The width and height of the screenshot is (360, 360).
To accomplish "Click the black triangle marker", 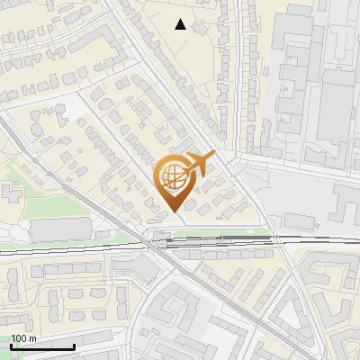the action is pyautogui.click(x=181, y=24).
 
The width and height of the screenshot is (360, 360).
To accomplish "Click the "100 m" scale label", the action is pyautogui.click(x=23, y=338).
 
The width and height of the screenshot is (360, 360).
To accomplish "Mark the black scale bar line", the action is pyautogui.click(x=42, y=346).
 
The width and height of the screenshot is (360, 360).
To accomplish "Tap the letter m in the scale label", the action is pyautogui.click(x=31, y=338).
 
